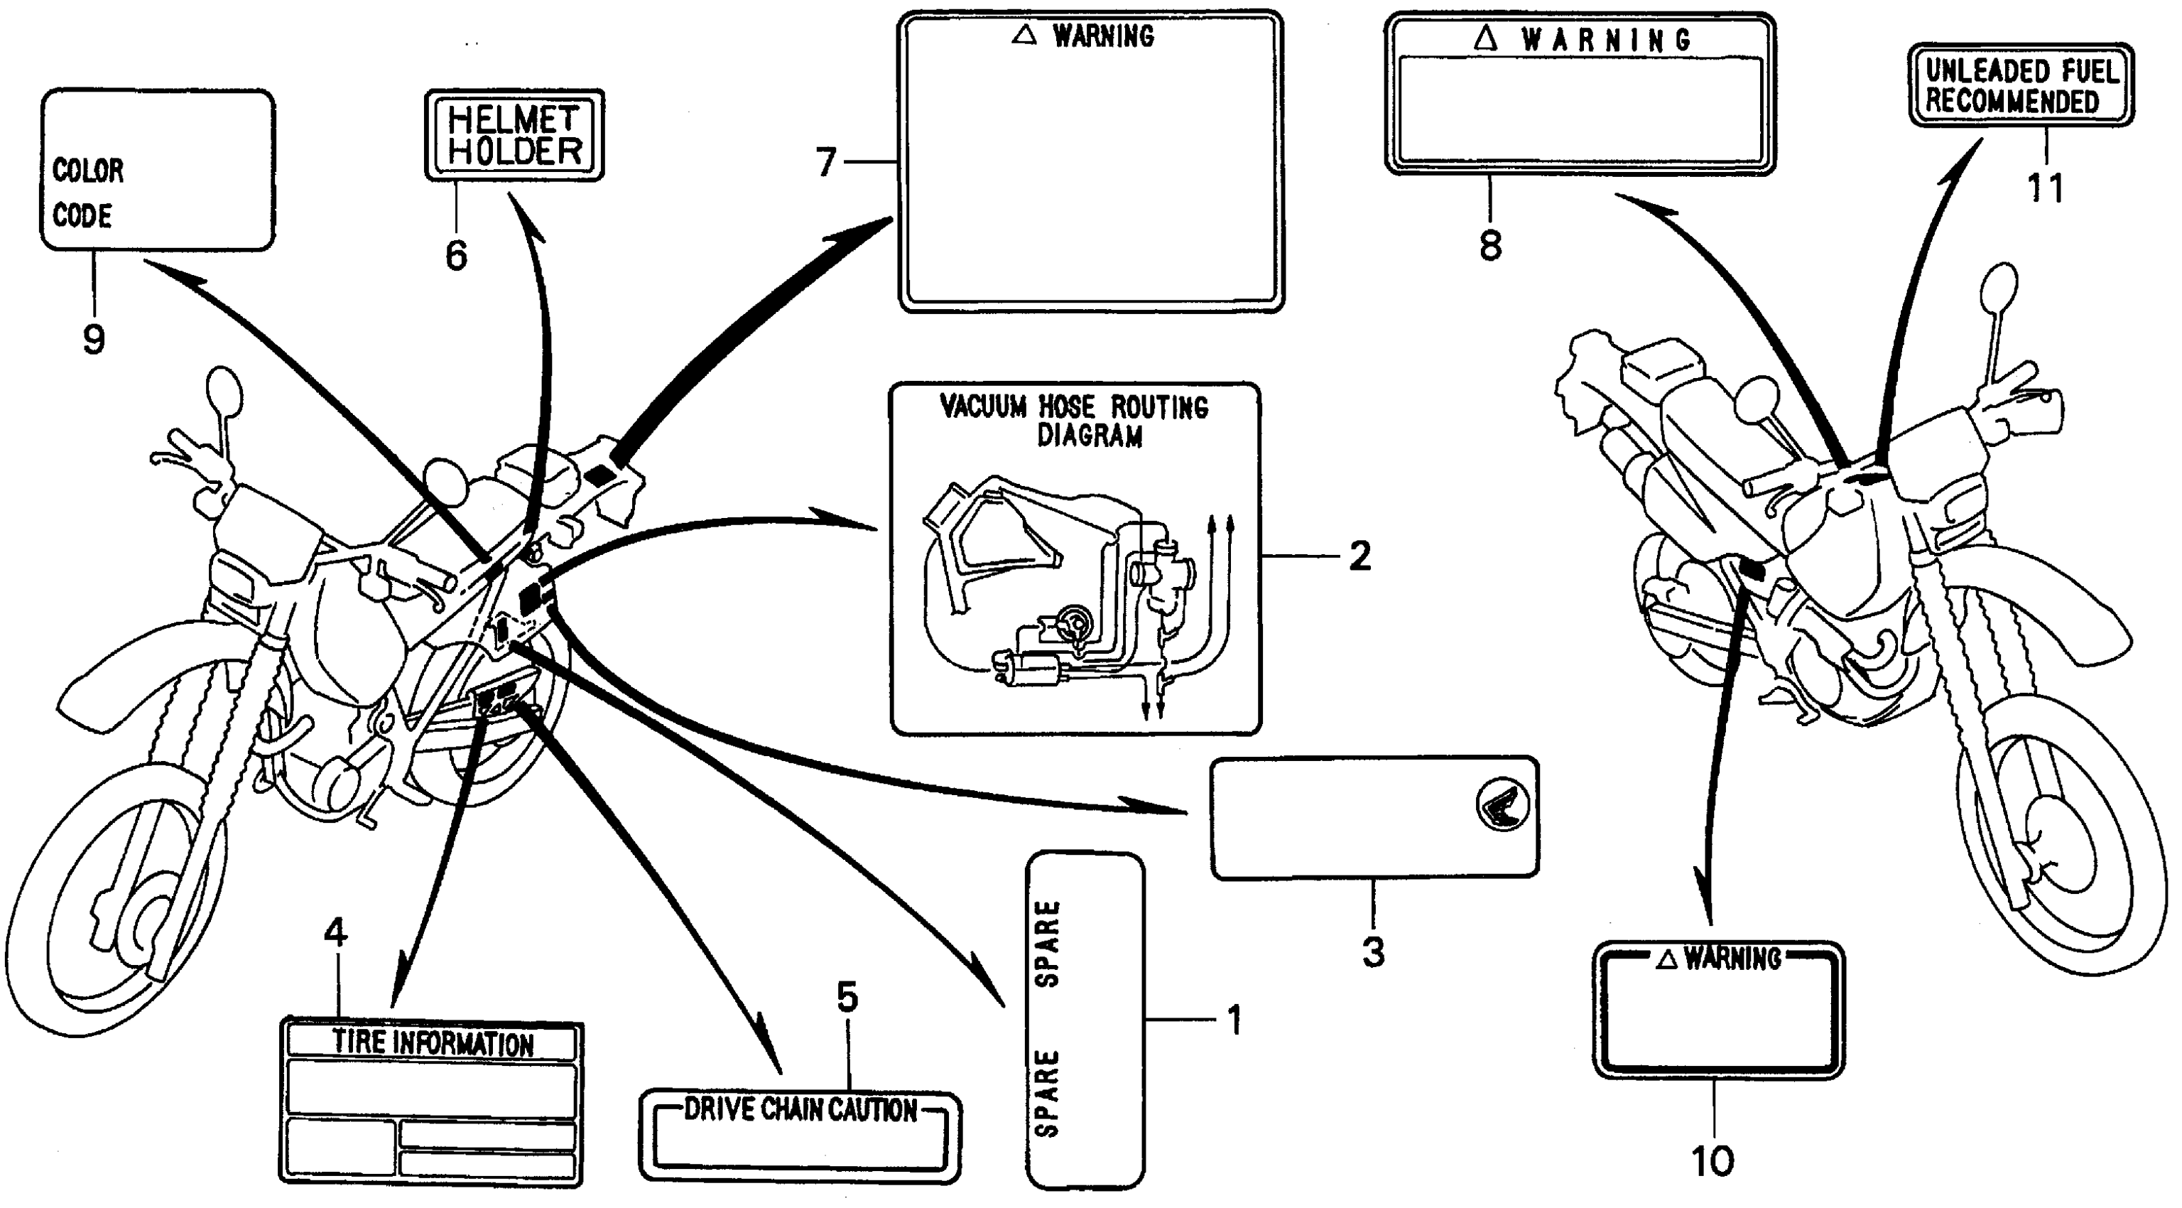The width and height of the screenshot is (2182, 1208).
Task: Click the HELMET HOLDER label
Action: tap(514, 136)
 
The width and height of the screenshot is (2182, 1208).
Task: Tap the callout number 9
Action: tap(94, 340)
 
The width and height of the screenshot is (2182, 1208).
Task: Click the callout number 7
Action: tap(826, 162)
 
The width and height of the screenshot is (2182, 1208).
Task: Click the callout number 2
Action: tap(1359, 556)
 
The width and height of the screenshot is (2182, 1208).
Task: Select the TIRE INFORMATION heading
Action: tap(433, 1043)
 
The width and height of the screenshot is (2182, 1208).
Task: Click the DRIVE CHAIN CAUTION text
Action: tap(800, 1110)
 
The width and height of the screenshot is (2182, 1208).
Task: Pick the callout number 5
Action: tap(847, 998)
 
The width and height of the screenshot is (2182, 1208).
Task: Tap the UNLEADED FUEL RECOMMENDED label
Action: tap(2021, 85)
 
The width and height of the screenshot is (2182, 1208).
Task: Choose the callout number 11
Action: tap(2045, 188)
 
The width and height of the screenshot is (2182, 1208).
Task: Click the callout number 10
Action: tap(1712, 1161)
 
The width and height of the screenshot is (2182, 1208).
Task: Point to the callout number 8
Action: tap(1490, 247)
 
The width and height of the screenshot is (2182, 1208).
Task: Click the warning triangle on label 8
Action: tap(1486, 38)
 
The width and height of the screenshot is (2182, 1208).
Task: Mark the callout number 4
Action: tap(335, 933)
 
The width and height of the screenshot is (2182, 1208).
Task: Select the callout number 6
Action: tap(457, 255)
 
